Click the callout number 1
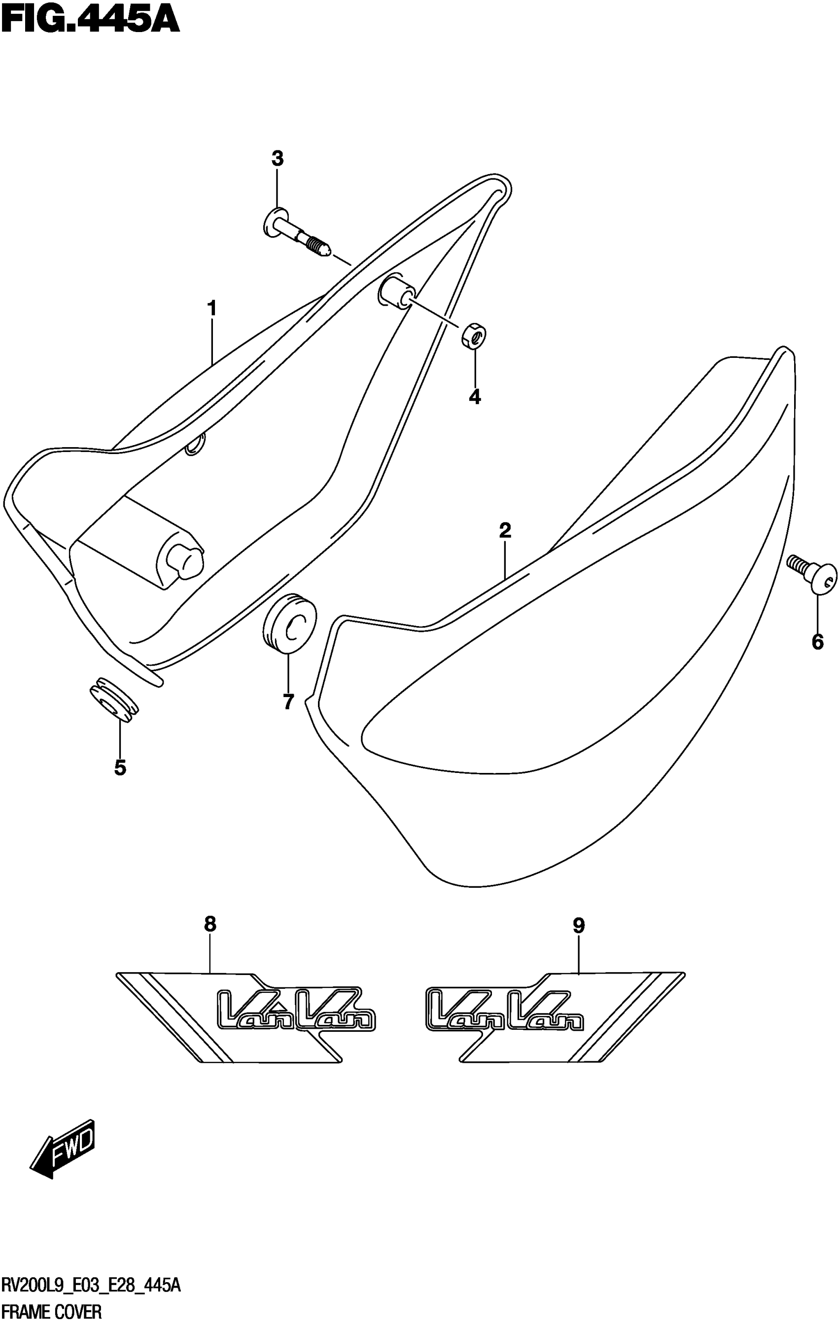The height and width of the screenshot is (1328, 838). coord(211,309)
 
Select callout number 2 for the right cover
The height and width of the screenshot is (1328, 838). coord(505,530)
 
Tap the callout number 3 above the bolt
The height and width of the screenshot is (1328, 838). coord(278,159)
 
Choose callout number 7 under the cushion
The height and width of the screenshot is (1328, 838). coord(288,702)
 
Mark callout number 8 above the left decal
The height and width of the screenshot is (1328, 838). coord(210,924)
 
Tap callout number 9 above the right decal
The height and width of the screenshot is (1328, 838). coord(578,925)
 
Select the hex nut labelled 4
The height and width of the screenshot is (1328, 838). coord(474,335)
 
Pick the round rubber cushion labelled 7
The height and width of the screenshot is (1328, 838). coord(289,623)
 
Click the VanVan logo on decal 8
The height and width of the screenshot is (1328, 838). coord(297,1010)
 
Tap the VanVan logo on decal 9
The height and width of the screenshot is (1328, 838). coord(504,1010)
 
